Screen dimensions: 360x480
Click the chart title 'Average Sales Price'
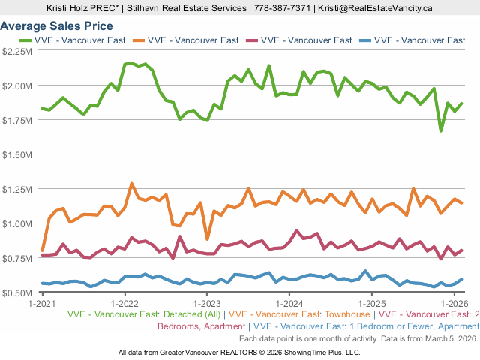(57, 26)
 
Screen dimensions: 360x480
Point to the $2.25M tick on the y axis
(17, 51)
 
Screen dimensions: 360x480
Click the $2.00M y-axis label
(17, 85)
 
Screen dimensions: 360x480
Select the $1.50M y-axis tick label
(17, 154)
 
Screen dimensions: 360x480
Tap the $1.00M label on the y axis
(17, 223)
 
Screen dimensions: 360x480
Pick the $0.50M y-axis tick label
(17, 292)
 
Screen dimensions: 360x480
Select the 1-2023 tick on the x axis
(207, 304)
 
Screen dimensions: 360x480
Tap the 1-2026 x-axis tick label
(455, 304)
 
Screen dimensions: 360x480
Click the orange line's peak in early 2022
(132, 183)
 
